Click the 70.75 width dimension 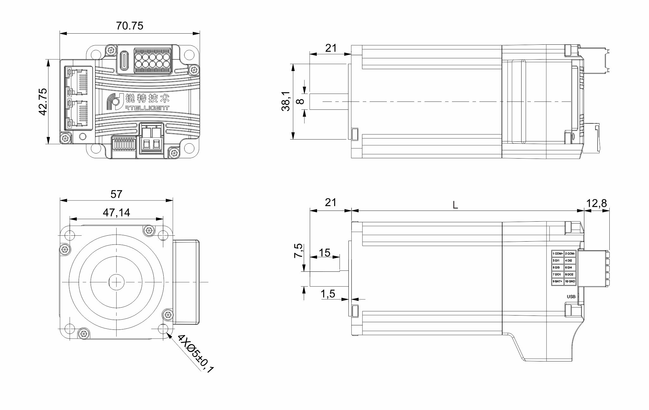pos(129,25)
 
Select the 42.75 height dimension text pos(42,101)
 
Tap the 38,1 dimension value pos(286,101)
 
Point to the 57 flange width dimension pos(116,194)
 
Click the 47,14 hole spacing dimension pos(116,212)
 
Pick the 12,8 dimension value pos(596,203)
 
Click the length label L pos(455,205)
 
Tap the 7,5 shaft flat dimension pos(299,251)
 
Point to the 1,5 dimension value pos(328,294)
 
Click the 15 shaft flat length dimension pos(324,252)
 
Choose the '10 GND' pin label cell pos(570,281)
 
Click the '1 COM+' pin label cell pos(558,253)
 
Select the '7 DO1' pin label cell pos(557,274)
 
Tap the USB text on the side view pos(571,297)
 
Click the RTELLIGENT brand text pos(146,108)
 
